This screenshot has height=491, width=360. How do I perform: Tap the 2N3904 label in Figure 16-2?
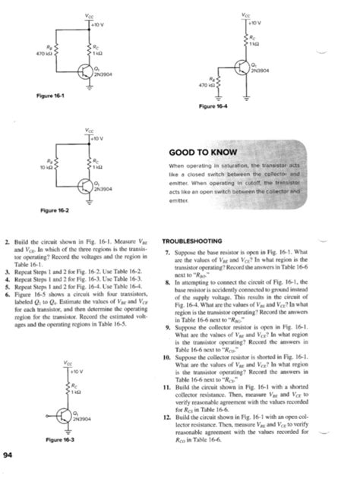102,188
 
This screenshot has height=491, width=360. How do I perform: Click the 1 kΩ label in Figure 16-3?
76,392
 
